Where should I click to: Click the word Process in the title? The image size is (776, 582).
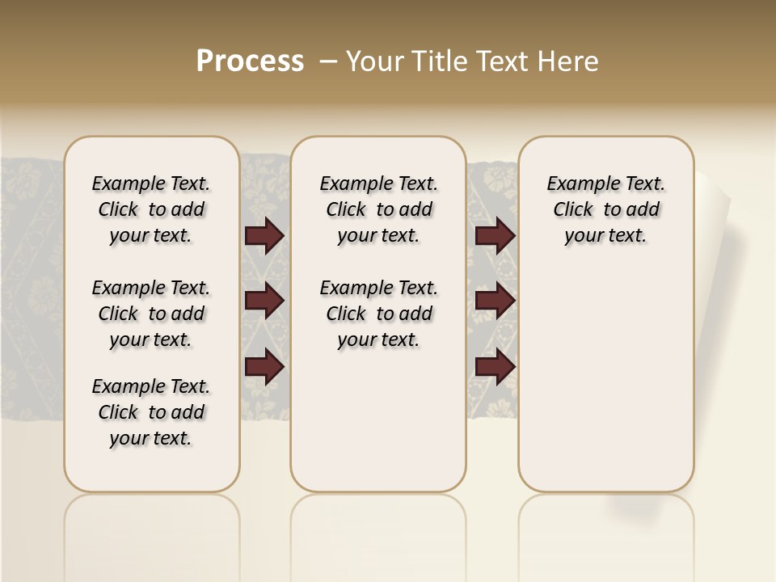click(x=250, y=61)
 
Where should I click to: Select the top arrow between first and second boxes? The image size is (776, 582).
click(x=264, y=235)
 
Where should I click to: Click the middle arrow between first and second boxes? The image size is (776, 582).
click(x=264, y=301)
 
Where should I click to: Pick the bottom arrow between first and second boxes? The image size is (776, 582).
click(x=264, y=367)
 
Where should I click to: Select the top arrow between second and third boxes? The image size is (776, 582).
click(x=495, y=235)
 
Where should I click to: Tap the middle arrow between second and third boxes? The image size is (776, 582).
click(x=495, y=301)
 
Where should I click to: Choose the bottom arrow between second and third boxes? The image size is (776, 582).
click(x=495, y=367)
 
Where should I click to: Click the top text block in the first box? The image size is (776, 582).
click(x=151, y=209)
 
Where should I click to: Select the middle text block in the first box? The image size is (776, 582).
click(x=151, y=314)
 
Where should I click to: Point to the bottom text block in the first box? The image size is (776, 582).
click(x=151, y=412)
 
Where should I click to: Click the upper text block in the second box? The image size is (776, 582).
click(x=379, y=209)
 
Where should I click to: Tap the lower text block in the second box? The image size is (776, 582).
click(x=379, y=314)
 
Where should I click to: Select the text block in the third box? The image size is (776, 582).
click(x=606, y=209)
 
